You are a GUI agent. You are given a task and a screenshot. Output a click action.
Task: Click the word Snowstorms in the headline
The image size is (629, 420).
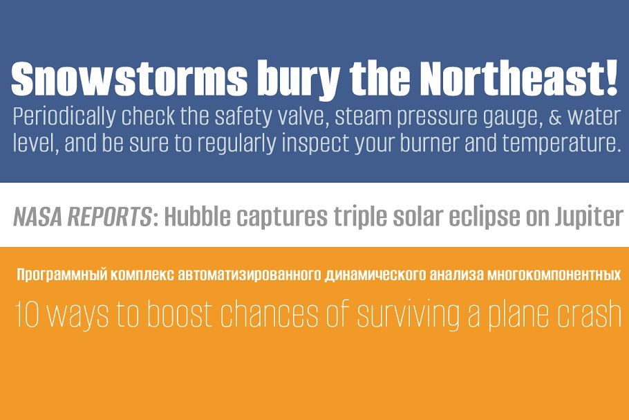tap(129, 78)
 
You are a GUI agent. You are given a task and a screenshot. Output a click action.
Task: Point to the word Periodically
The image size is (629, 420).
tap(64, 117)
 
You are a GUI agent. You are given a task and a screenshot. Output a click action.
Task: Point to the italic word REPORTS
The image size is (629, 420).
tap(109, 217)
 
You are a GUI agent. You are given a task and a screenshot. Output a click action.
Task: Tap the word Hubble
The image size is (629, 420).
tap(198, 217)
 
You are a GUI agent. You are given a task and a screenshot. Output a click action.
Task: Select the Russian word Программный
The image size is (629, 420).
tap(62, 275)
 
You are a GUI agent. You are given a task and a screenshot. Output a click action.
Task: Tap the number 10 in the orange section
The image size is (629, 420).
tap(27, 314)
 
